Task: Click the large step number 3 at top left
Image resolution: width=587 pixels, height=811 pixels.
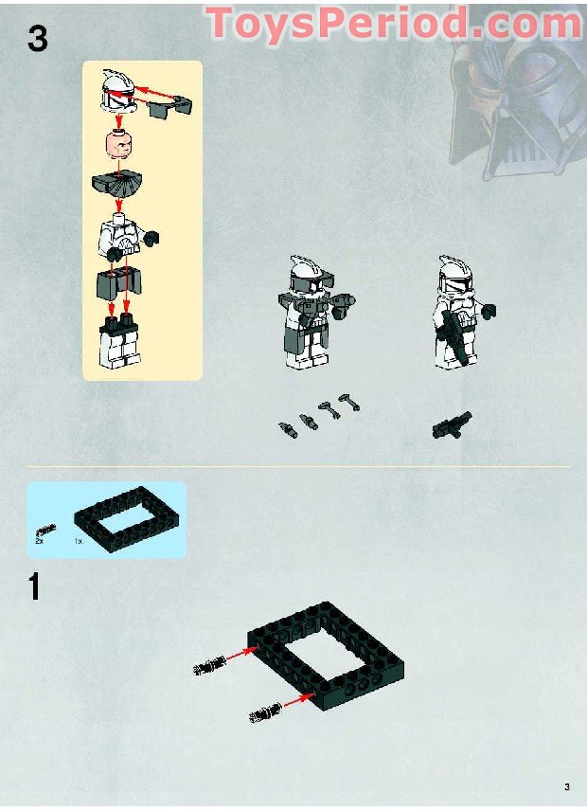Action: (x=38, y=40)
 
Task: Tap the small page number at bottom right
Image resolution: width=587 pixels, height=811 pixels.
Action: (x=566, y=786)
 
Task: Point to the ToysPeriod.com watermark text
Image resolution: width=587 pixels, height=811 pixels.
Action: (x=393, y=23)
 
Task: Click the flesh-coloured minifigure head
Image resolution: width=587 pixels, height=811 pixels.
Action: (x=118, y=148)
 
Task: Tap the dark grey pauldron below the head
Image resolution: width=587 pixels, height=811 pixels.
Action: (x=118, y=189)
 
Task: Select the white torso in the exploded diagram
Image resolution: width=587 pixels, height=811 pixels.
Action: (x=118, y=237)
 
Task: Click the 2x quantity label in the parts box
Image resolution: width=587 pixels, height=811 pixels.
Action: (x=40, y=541)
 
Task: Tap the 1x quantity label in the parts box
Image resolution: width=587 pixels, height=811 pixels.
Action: (x=79, y=541)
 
